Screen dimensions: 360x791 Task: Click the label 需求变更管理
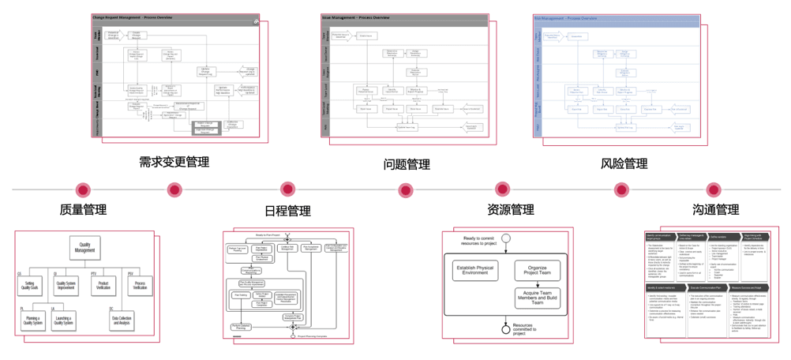[174, 162]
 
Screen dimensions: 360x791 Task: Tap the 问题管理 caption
[407, 164]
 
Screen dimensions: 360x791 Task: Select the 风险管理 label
[624, 164]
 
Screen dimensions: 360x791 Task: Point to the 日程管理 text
[287, 211]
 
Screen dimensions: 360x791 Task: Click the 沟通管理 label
[715, 210]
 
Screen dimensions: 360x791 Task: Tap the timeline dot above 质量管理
[83, 190]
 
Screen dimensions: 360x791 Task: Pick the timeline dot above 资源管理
[502, 189]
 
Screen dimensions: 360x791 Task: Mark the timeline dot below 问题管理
[406, 190]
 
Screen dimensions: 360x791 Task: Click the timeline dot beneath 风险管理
[622, 189]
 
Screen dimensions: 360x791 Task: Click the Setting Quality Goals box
[29, 285]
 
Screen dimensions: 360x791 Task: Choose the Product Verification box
[103, 285]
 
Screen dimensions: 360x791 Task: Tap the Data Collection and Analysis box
[122, 321]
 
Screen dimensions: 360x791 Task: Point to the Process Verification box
[140, 285]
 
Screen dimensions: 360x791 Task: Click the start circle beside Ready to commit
[506, 238]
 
